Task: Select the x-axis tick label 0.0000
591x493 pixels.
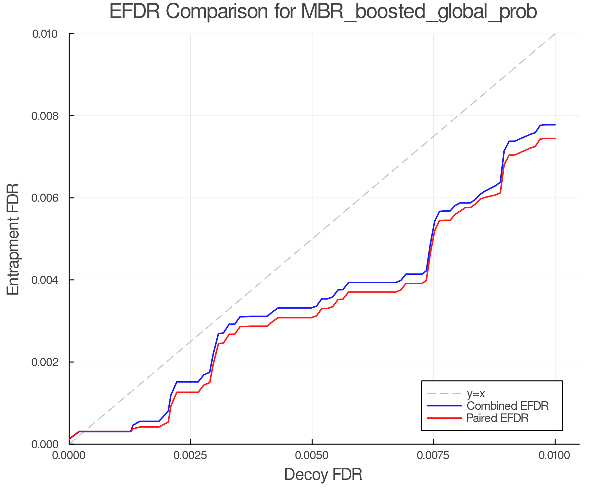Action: click(x=69, y=456)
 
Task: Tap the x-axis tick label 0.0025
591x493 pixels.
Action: click(x=190, y=456)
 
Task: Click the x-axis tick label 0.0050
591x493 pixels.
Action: click(x=312, y=456)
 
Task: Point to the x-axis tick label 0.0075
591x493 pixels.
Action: click(x=433, y=456)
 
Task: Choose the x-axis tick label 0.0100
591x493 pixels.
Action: click(x=555, y=456)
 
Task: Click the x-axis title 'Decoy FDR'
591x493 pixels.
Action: click(x=323, y=475)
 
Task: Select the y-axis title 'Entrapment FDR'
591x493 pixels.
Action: click(x=13, y=239)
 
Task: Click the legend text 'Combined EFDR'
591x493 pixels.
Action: click(x=508, y=406)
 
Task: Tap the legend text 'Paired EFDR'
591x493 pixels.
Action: click(x=497, y=418)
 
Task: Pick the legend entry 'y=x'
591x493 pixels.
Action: click(x=476, y=393)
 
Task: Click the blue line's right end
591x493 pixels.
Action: click(x=555, y=125)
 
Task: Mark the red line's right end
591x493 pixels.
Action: click(x=555, y=138)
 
